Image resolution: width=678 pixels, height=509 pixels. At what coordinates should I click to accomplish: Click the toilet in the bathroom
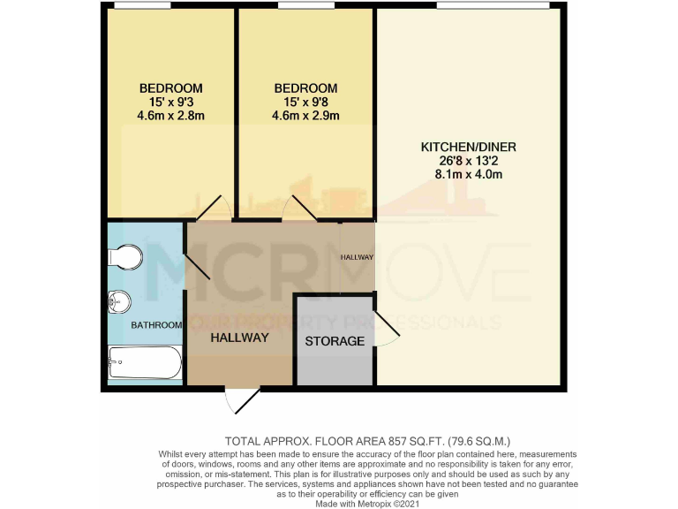[x=123, y=257]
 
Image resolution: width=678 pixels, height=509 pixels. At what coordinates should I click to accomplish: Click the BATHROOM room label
[x=156, y=325]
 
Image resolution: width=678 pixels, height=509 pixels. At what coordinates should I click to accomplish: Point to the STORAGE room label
[x=335, y=341]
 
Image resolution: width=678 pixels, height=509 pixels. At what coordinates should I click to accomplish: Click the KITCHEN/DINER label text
[x=468, y=146]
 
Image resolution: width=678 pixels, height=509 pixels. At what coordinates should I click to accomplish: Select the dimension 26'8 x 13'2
[x=468, y=160]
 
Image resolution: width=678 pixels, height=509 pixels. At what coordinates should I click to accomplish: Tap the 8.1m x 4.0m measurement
[x=468, y=174]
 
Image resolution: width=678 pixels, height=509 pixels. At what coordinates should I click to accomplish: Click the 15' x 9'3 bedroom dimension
[x=170, y=102]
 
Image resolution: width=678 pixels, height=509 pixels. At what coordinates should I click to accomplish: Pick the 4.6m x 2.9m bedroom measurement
[x=305, y=116]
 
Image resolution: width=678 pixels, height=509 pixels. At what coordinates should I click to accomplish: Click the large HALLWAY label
[x=239, y=337]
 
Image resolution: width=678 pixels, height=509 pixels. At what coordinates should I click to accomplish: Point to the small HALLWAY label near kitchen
[x=358, y=257]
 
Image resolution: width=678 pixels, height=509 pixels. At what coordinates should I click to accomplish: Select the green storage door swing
[x=387, y=326]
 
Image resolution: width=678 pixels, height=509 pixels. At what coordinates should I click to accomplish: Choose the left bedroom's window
[x=143, y=6]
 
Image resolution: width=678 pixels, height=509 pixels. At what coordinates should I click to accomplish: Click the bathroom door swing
[x=196, y=265]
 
